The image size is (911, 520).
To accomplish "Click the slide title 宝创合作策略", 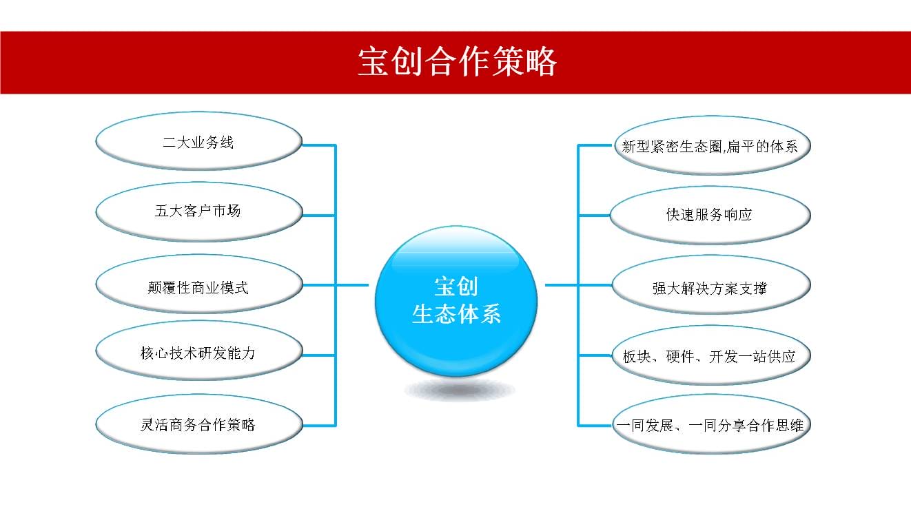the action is click(x=457, y=61).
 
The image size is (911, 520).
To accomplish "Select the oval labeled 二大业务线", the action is click(x=199, y=141).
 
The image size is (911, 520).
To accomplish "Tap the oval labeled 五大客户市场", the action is click(x=199, y=212).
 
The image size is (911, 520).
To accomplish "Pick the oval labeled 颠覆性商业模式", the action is click(x=199, y=284).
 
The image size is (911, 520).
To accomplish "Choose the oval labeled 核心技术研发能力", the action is click(x=199, y=351).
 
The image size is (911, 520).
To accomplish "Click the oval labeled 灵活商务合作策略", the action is click(x=199, y=424).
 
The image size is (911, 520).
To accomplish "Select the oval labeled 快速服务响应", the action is click(x=710, y=216).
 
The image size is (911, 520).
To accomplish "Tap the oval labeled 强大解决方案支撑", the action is click(x=711, y=285).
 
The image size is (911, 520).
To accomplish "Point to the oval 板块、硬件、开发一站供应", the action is click(x=711, y=355).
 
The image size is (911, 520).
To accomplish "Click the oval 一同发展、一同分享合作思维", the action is click(x=711, y=424).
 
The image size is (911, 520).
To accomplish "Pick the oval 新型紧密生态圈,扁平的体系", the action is click(x=712, y=145).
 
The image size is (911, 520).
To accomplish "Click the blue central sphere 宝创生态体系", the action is click(x=456, y=301).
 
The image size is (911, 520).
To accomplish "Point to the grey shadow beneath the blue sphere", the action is click(x=460, y=390).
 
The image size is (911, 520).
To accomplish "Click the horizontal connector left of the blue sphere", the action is click(x=336, y=285).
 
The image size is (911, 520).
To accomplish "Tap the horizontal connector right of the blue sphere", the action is click(x=579, y=285).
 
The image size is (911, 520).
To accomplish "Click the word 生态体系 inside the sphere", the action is click(x=456, y=314).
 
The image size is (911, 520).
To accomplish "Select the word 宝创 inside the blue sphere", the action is click(x=456, y=287).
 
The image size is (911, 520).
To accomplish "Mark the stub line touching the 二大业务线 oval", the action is click(x=319, y=145).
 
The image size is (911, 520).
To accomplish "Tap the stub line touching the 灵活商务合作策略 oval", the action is click(x=320, y=426).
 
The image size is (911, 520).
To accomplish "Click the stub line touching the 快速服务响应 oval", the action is click(x=594, y=216).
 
